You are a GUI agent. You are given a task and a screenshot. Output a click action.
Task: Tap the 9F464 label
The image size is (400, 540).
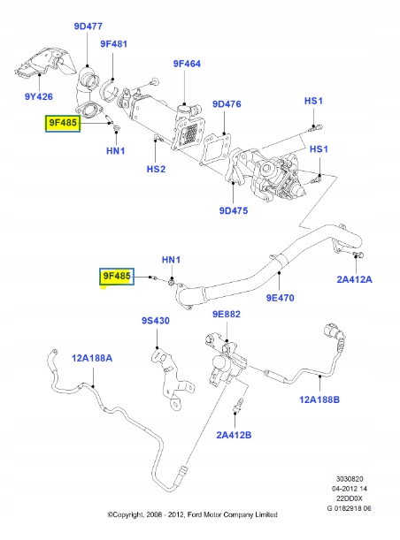click(x=188, y=64)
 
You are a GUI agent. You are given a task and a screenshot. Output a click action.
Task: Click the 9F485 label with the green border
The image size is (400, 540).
click(x=63, y=123)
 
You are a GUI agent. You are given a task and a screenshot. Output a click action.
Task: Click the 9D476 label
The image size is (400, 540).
click(x=227, y=104)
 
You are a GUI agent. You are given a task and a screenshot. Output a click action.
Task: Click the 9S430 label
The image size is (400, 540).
click(x=154, y=321)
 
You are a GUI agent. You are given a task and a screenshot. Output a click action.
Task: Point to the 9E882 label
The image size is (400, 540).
click(x=227, y=315)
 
